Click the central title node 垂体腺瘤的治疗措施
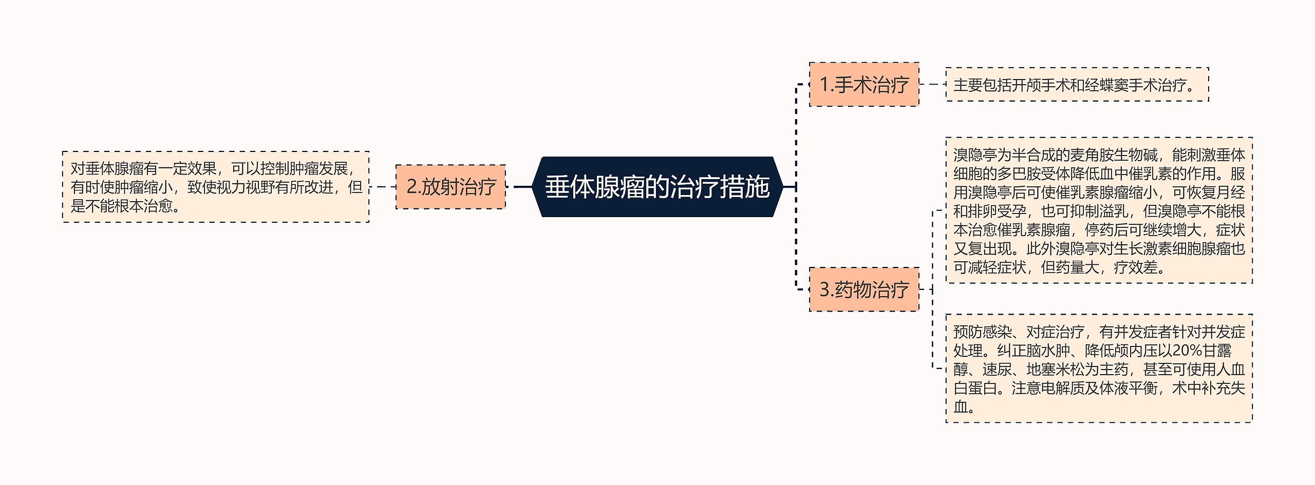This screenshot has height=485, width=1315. coord(657,187)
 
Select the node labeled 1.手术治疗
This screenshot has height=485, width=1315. coord(864,85)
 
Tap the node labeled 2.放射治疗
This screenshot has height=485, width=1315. coord(450,187)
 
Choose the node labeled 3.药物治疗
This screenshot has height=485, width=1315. coord(864,289)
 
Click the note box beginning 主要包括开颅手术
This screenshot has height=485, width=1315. coord(1077,85)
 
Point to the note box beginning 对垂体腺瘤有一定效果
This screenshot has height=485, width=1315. coord(216,187)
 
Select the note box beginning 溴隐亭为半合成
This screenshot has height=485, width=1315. coord(1099,210)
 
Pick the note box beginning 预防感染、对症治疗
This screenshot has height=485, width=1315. coord(1099,368)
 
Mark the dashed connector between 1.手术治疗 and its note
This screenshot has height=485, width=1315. coord(932,84)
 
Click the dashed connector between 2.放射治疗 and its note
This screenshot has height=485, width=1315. coord(383,187)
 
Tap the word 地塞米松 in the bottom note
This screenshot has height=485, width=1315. coord(1055,370)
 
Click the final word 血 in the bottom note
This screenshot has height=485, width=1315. coord(960,407)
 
